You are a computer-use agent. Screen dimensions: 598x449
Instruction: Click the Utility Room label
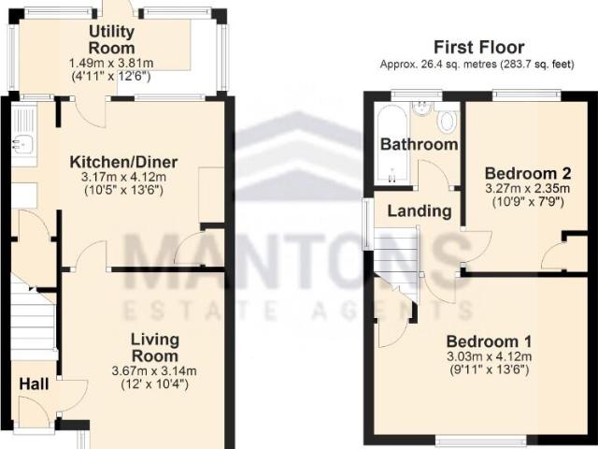112,39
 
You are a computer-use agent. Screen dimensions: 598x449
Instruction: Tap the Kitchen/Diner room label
123,162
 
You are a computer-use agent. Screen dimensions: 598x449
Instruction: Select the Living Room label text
155,347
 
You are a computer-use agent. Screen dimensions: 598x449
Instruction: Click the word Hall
34,384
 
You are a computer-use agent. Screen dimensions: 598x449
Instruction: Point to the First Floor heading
479,48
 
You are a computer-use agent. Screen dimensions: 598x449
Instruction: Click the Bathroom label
420,144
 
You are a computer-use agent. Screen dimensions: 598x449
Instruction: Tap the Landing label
420,211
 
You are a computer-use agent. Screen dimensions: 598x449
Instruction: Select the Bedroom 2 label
528,173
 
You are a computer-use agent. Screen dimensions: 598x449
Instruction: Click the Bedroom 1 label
489,341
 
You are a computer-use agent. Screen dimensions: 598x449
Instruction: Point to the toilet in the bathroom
447,119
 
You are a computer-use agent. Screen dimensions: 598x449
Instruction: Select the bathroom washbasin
421,109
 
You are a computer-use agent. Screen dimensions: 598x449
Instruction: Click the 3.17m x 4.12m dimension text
123,177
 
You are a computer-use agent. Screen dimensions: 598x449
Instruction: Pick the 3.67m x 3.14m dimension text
154,370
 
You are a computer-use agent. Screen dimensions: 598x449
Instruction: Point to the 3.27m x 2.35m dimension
528,188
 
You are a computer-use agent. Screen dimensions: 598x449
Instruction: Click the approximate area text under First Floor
477,65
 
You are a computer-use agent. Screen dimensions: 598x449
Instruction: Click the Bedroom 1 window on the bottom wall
481,442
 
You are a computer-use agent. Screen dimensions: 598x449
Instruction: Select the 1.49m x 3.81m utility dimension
111,63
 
